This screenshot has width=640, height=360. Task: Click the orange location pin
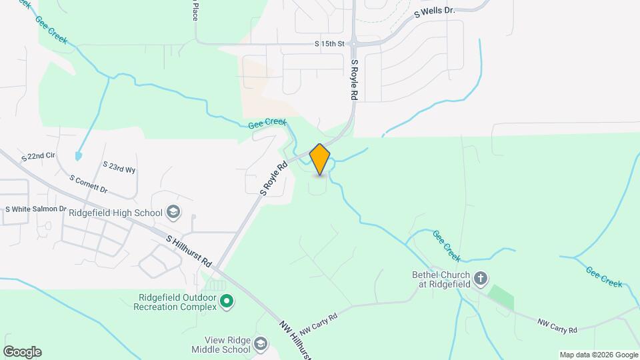pyautogui.click(x=320, y=159)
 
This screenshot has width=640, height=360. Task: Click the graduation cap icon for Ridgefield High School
pyautogui.click(x=173, y=213)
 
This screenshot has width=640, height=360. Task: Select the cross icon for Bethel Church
pyautogui.click(x=481, y=278)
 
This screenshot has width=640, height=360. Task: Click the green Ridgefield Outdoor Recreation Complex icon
pyautogui.click(x=227, y=302)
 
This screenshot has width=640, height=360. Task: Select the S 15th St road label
pyautogui.click(x=329, y=44)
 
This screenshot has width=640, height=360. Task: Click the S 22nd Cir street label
pyautogui.click(x=38, y=157)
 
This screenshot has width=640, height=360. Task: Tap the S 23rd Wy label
pyautogui.click(x=119, y=167)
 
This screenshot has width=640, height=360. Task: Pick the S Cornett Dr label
pyautogui.click(x=88, y=184)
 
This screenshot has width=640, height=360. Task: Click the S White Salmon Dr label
pyautogui.click(x=36, y=209)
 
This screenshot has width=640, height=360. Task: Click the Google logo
pyautogui.click(x=22, y=352)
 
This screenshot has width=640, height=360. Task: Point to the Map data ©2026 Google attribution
pyautogui.click(x=598, y=355)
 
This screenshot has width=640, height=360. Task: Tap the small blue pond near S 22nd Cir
pyautogui.click(x=79, y=156)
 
